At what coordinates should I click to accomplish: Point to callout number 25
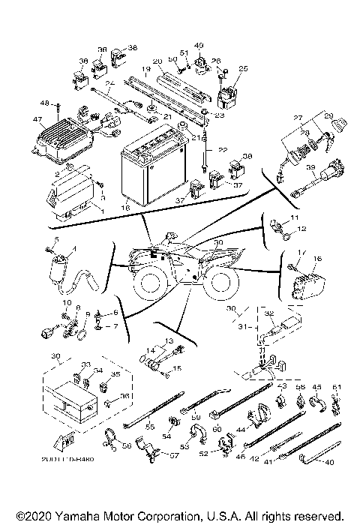(x=242, y=68)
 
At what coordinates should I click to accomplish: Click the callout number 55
(x=149, y=426)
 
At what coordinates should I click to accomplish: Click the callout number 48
(x=44, y=103)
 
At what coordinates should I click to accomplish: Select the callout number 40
(x=329, y=463)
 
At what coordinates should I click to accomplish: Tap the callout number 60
(x=217, y=428)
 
